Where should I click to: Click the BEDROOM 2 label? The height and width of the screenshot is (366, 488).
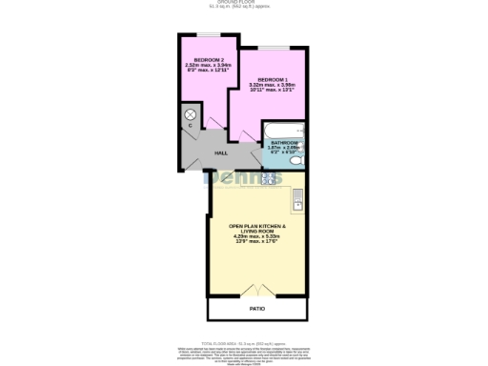tap(201, 61)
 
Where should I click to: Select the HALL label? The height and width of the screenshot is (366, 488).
tap(220, 153)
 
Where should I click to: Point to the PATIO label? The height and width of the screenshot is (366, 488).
tap(257, 309)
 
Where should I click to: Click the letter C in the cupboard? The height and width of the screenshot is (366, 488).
tap(190, 126)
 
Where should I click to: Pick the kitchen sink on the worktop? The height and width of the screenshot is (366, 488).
tap(298, 200)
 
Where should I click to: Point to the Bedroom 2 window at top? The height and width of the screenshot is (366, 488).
tap(202, 37)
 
